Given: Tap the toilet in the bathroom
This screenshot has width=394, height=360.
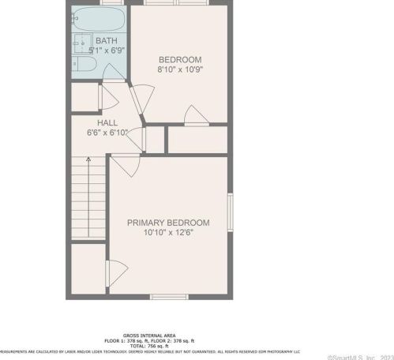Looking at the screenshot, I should point(81,64).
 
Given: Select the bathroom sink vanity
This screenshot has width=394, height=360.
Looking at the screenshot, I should point(80,42).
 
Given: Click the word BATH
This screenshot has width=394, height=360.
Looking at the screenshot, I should point(105,39).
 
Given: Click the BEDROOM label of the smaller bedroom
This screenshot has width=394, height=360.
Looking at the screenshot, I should point(180,59).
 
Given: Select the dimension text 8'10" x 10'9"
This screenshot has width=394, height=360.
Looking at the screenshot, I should point(180,69).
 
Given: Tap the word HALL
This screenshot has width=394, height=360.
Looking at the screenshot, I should point(107,123).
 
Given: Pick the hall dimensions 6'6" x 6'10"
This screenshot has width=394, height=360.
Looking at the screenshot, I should point(107,133).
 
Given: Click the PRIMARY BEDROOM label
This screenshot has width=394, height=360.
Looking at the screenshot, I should point(168,223).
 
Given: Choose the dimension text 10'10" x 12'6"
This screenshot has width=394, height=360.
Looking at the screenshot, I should point(168,233).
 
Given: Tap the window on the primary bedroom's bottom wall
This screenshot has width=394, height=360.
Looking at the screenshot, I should point(168,296).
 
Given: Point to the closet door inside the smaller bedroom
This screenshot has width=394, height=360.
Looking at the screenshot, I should point(193,119).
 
